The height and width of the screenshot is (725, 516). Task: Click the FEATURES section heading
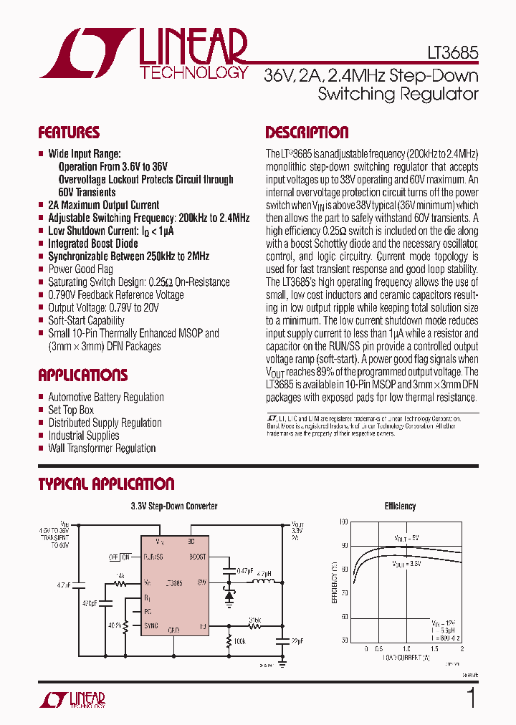(69, 133)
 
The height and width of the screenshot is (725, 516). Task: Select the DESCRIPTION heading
(307, 133)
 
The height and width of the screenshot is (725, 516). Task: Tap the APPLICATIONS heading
(82, 375)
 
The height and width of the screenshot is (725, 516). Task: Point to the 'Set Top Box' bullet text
(71, 410)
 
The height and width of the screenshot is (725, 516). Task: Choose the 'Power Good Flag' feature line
(80, 269)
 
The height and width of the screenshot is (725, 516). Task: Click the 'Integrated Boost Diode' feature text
(92, 244)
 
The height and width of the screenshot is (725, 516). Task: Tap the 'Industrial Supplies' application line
(83, 436)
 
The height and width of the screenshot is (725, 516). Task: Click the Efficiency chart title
(400, 506)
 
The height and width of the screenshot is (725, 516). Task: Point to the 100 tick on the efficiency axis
(343, 522)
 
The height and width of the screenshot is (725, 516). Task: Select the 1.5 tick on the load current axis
(434, 648)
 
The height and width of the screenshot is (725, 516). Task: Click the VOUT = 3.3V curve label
(406, 565)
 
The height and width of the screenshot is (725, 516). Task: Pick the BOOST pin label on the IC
(197, 557)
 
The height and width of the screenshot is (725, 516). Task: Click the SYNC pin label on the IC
(151, 625)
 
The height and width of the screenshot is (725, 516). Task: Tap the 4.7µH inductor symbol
(263, 582)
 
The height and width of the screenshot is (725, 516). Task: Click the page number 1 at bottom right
(470, 696)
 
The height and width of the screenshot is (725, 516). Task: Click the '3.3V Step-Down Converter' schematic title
(174, 506)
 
